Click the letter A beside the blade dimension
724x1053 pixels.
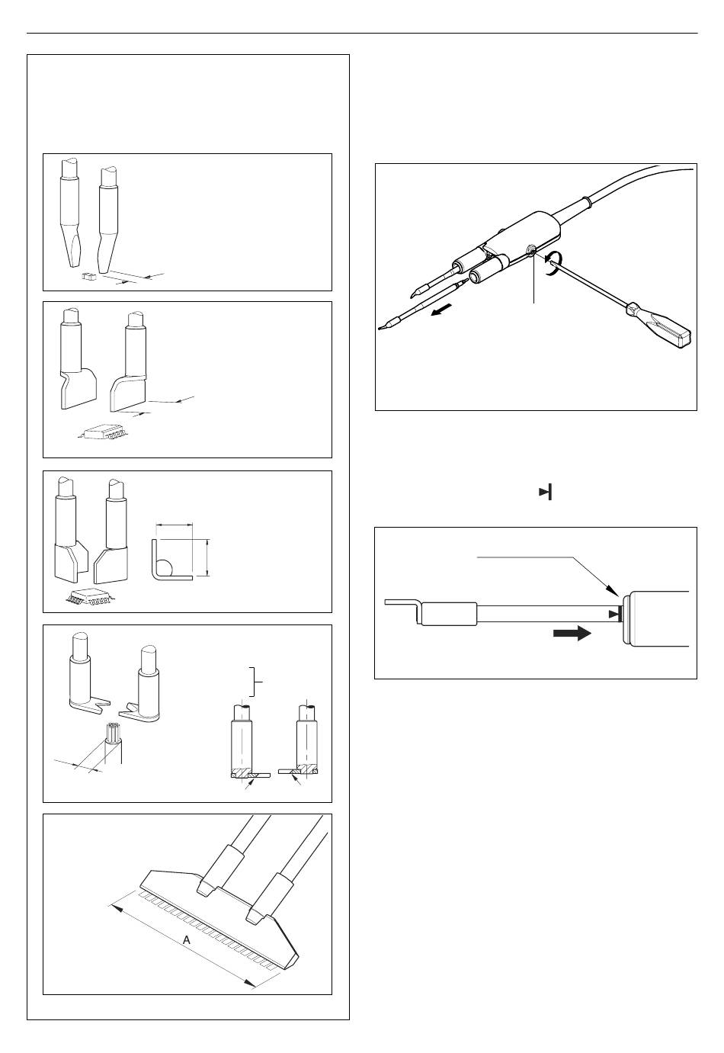click(x=186, y=941)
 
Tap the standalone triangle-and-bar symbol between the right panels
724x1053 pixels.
click(x=545, y=493)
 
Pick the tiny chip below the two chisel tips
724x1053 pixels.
click(x=88, y=278)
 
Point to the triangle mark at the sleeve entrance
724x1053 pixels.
click(x=613, y=615)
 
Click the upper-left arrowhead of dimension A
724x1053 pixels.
click(x=115, y=905)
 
